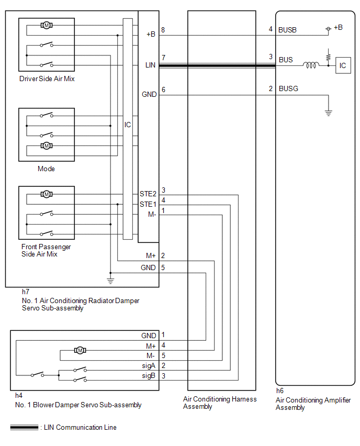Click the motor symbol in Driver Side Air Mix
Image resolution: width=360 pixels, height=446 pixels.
click(47, 25)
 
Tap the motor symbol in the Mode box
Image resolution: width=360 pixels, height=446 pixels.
click(47, 146)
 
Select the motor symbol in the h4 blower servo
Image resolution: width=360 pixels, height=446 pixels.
click(80, 350)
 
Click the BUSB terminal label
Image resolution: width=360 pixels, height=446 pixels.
click(287, 30)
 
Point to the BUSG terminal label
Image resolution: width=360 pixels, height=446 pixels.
click(288, 89)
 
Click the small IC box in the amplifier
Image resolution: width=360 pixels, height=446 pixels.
click(343, 65)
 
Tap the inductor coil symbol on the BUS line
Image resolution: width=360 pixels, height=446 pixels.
click(310, 65)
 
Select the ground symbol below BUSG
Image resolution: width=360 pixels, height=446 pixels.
click(329, 113)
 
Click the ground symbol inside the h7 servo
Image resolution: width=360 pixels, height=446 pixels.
click(110, 281)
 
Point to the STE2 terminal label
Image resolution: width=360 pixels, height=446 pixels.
click(148, 194)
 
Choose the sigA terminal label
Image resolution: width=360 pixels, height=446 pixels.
click(149, 365)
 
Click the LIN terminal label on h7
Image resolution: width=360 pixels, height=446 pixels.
click(150, 65)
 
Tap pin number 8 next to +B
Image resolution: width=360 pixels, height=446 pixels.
click(163, 30)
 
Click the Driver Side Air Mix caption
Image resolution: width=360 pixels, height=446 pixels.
click(47, 79)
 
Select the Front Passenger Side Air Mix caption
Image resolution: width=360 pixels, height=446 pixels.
click(46, 250)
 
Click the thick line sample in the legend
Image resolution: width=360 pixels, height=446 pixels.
click(24, 427)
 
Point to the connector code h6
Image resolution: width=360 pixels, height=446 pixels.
click(280, 391)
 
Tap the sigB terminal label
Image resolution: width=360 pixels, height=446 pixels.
click(149, 376)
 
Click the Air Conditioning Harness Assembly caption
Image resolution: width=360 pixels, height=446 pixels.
click(220, 403)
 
